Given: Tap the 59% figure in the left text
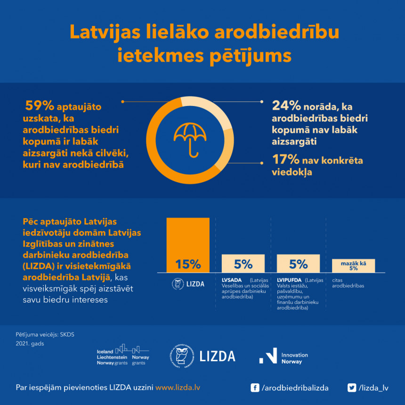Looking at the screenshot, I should (x=40, y=106).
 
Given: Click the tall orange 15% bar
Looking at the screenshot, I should (x=188, y=244).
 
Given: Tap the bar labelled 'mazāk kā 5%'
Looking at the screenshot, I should (x=353, y=266).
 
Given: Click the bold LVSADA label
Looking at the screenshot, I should (x=232, y=280).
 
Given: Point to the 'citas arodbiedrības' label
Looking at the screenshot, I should (x=348, y=283).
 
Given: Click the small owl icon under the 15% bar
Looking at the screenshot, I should (x=178, y=283).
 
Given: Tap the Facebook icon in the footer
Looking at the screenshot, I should (x=255, y=388).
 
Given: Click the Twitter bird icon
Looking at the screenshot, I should (x=351, y=388).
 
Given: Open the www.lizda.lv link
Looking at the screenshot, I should (x=178, y=388).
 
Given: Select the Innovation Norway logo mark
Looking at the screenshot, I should (x=268, y=356).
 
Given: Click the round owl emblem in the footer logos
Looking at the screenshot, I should (x=181, y=356).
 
